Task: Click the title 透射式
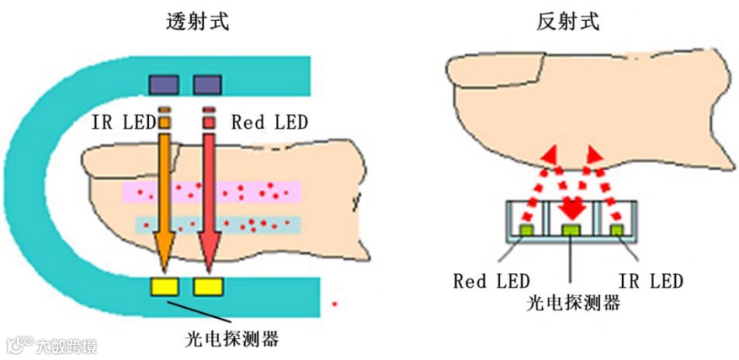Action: [x=197, y=22]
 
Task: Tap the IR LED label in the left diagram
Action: [x=123, y=122]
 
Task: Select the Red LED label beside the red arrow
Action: [x=269, y=122]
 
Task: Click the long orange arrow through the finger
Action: [x=165, y=202]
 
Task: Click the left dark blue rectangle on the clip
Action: [x=164, y=84]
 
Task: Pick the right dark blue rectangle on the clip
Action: [x=207, y=84]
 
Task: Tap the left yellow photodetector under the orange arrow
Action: [x=165, y=287]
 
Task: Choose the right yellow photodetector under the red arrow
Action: [x=209, y=287]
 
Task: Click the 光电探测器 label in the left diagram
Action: [x=232, y=339]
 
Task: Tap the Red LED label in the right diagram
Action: [x=491, y=280]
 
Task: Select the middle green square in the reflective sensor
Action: [x=572, y=230]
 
